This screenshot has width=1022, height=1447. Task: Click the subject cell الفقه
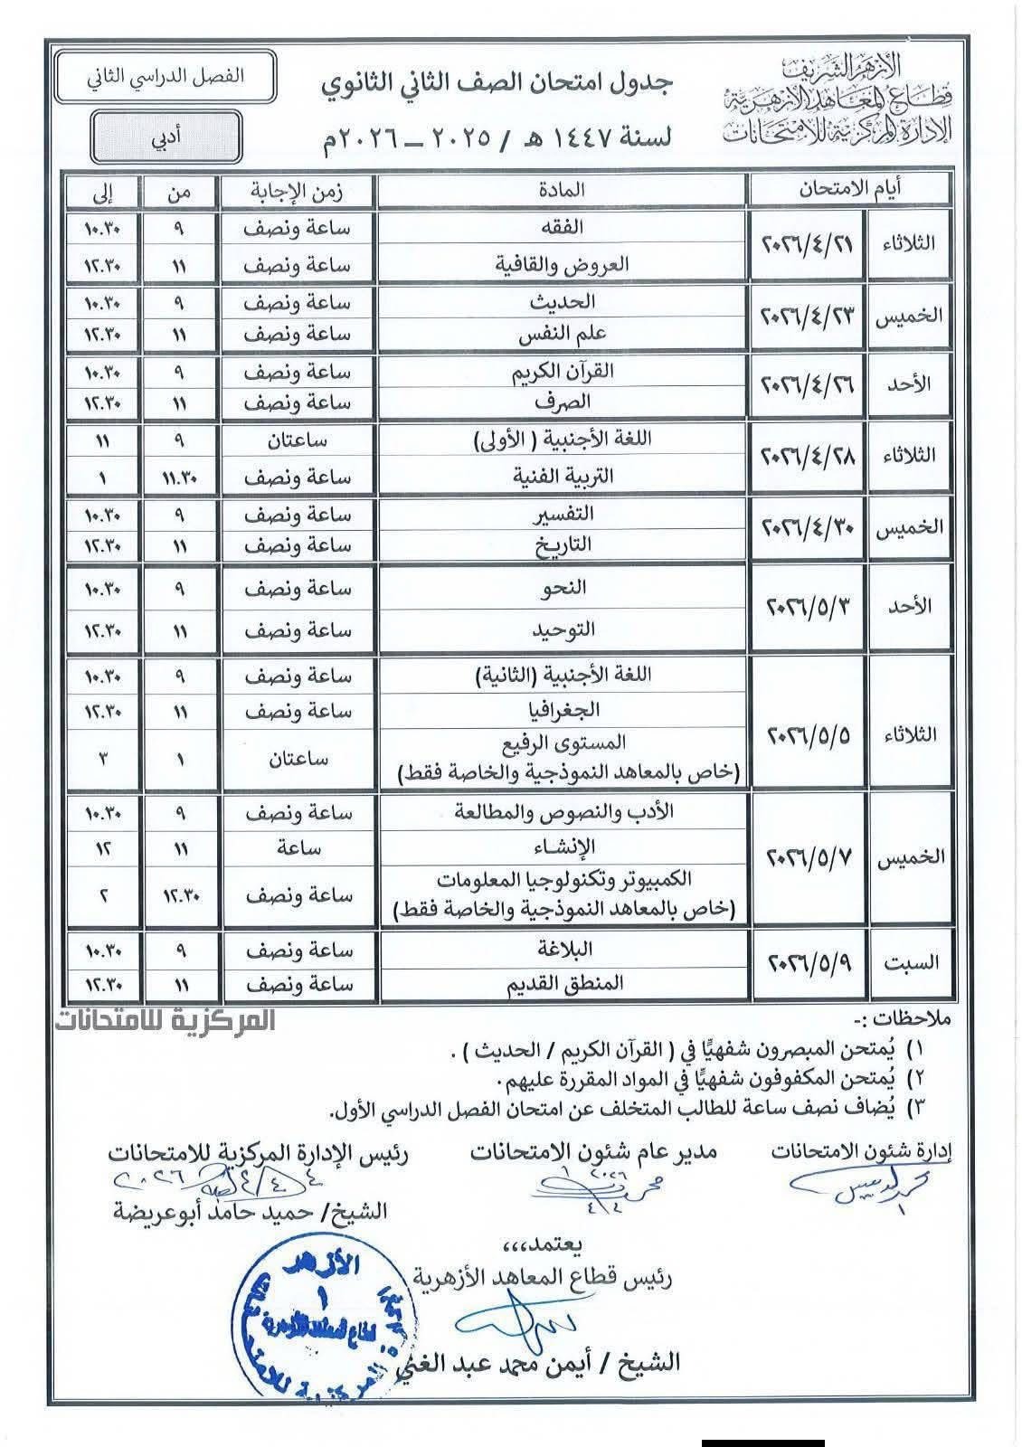562,227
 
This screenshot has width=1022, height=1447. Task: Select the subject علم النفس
562,335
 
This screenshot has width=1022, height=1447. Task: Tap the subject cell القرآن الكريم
562,370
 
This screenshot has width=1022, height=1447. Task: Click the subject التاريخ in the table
562,545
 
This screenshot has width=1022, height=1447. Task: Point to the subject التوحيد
562,629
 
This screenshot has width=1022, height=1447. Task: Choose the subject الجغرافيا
562,711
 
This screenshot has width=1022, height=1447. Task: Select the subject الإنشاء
562,846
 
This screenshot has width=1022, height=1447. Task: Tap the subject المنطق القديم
562,983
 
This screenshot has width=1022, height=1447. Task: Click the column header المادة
562,190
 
